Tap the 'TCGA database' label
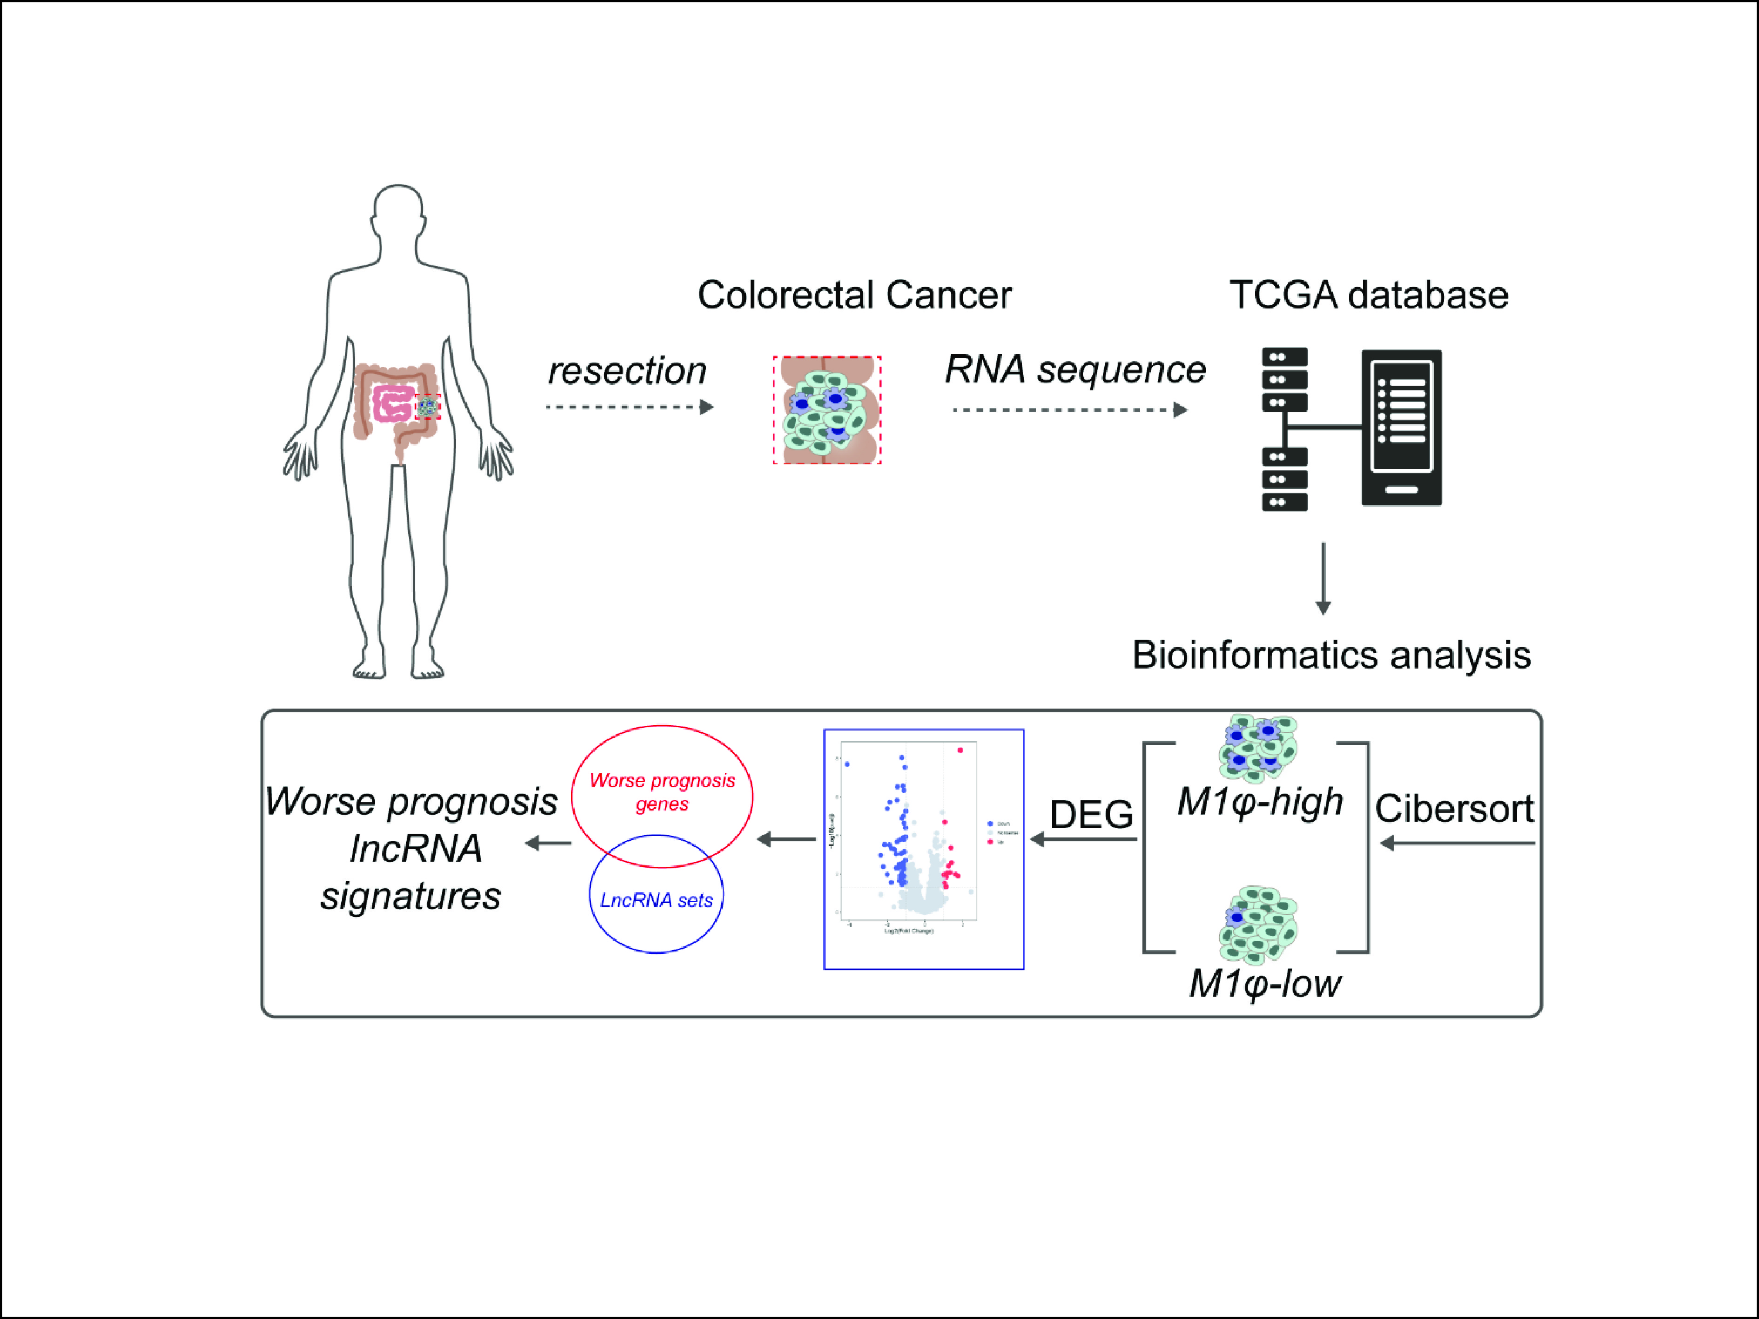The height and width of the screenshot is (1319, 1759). tap(1369, 295)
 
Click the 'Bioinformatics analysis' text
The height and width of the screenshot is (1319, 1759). tap(1331, 655)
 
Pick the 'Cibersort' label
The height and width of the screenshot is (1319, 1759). tap(1455, 809)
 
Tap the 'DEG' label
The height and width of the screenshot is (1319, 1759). tap(1091, 814)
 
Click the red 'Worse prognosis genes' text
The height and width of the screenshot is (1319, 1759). tap(662, 792)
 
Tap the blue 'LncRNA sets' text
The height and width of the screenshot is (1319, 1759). tap(656, 900)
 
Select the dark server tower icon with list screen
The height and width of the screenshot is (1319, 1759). tap(1401, 428)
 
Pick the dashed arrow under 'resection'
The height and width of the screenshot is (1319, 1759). tap(630, 407)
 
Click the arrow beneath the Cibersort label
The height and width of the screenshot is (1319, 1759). tap(1457, 844)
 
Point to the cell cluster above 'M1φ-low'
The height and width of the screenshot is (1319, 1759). tap(1258, 924)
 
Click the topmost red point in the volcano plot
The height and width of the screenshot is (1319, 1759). tap(960, 750)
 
